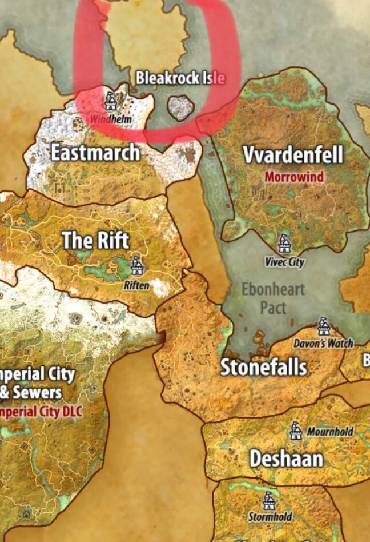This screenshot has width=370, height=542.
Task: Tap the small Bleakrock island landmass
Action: pos(181,107)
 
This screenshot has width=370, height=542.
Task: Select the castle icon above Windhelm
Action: pos(110,101)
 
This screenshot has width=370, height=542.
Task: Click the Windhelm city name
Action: pos(111,119)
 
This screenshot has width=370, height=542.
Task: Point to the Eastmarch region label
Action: pos(95,153)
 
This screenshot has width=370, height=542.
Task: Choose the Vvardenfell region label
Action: pos(293,155)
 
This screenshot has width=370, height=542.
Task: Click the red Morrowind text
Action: pos(293,176)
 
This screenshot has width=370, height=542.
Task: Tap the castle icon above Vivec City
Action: pos(284,244)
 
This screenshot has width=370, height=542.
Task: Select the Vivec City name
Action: pos(284,262)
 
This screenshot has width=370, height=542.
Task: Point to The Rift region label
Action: pos(95,241)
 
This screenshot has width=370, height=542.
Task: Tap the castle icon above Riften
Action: pos(136,265)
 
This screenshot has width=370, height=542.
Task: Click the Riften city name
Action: pos(136,284)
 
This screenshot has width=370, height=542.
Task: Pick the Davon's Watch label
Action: pos(323,344)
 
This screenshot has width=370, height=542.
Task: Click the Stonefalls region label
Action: pos(264,367)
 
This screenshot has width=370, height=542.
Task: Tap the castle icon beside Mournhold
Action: pos(295,431)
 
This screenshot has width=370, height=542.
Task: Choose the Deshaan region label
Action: pos(286,458)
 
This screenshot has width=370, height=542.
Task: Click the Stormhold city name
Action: pos(270,517)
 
